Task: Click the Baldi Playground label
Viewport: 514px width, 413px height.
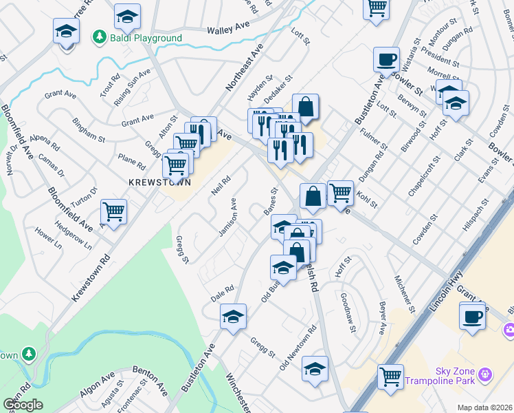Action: [146, 38]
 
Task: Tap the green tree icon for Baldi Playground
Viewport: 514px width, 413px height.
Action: [100, 37]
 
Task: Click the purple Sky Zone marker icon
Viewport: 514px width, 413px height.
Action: [486, 374]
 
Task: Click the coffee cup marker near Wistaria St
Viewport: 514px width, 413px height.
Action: [386, 59]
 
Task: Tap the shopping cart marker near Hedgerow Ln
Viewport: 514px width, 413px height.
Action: [113, 211]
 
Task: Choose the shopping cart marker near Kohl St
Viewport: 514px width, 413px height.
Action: [340, 193]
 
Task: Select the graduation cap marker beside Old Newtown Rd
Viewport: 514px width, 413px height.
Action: [315, 370]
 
